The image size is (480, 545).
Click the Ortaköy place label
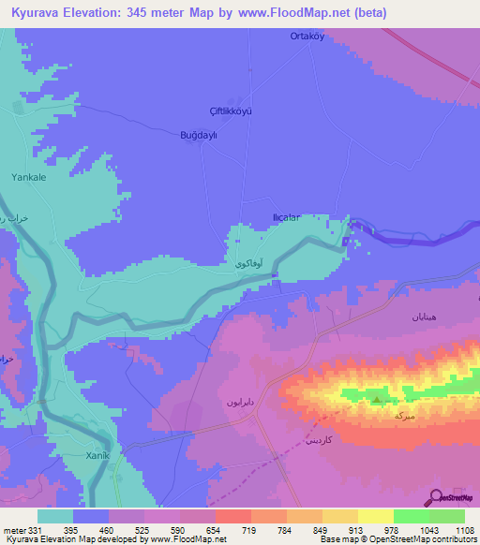[x=305, y=37]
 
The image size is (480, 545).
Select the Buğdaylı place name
[x=199, y=135]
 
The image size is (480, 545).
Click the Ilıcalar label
[x=285, y=217]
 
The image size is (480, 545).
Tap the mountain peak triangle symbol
[x=377, y=401]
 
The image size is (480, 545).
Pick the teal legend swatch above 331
[x=55, y=516]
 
